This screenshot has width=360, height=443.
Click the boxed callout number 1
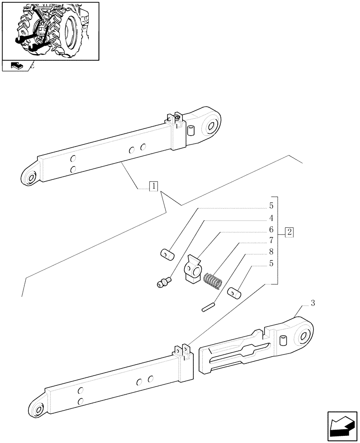tap(153, 186)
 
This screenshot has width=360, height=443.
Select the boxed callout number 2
tap(289, 232)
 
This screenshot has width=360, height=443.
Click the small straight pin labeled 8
tap(208, 307)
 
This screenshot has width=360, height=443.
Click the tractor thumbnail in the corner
tap(50, 31)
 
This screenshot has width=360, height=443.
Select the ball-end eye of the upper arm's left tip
tap(31, 178)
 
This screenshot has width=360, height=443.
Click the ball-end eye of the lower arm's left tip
tap(37, 410)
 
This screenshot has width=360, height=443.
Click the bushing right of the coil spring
tap(234, 293)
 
